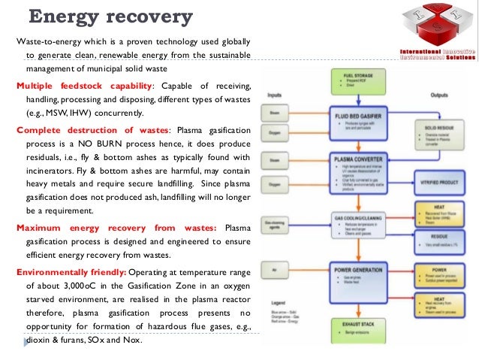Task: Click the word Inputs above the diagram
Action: pyautogui.click(x=274, y=95)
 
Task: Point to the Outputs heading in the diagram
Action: pyautogui.click(x=440, y=95)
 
